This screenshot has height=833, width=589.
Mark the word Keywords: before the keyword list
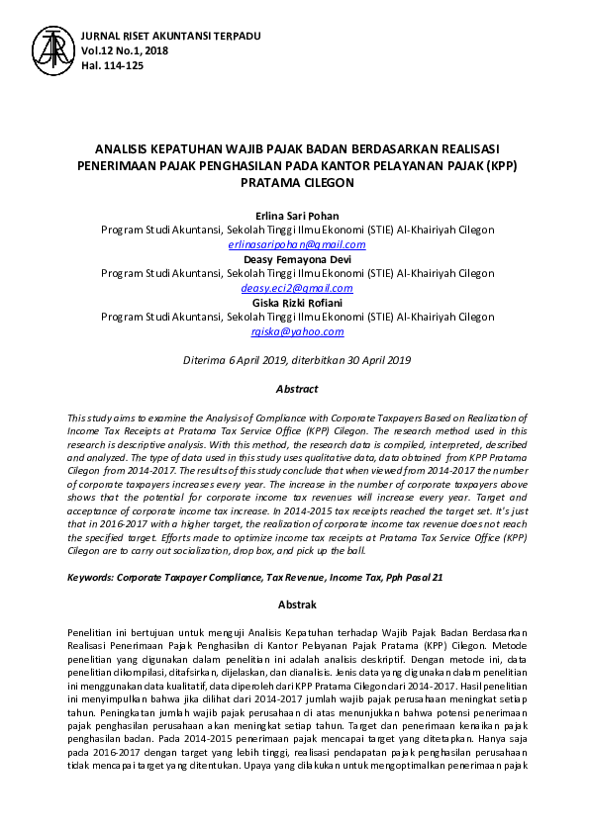(x=88, y=575)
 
